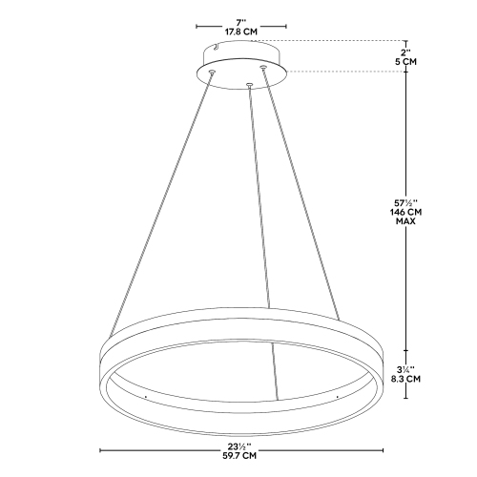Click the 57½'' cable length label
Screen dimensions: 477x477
click(407, 202)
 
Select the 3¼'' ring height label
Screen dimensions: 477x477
click(407, 369)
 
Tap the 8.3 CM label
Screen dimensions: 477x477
click(407, 380)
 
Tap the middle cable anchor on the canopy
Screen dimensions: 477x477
click(249, 86)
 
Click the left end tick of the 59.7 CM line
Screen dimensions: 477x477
click(100, 447)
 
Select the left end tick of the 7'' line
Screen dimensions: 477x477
click(197, 26)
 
